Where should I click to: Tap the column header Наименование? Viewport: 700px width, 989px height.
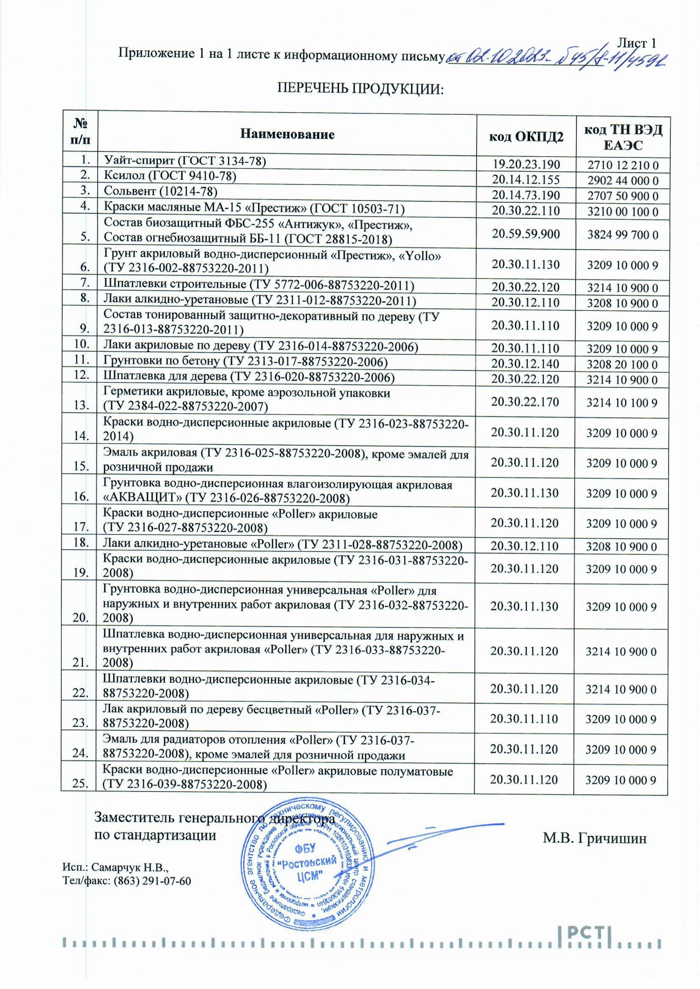(x=288, y=135)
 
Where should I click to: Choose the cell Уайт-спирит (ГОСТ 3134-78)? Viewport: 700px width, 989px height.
(x=184, y=161)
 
